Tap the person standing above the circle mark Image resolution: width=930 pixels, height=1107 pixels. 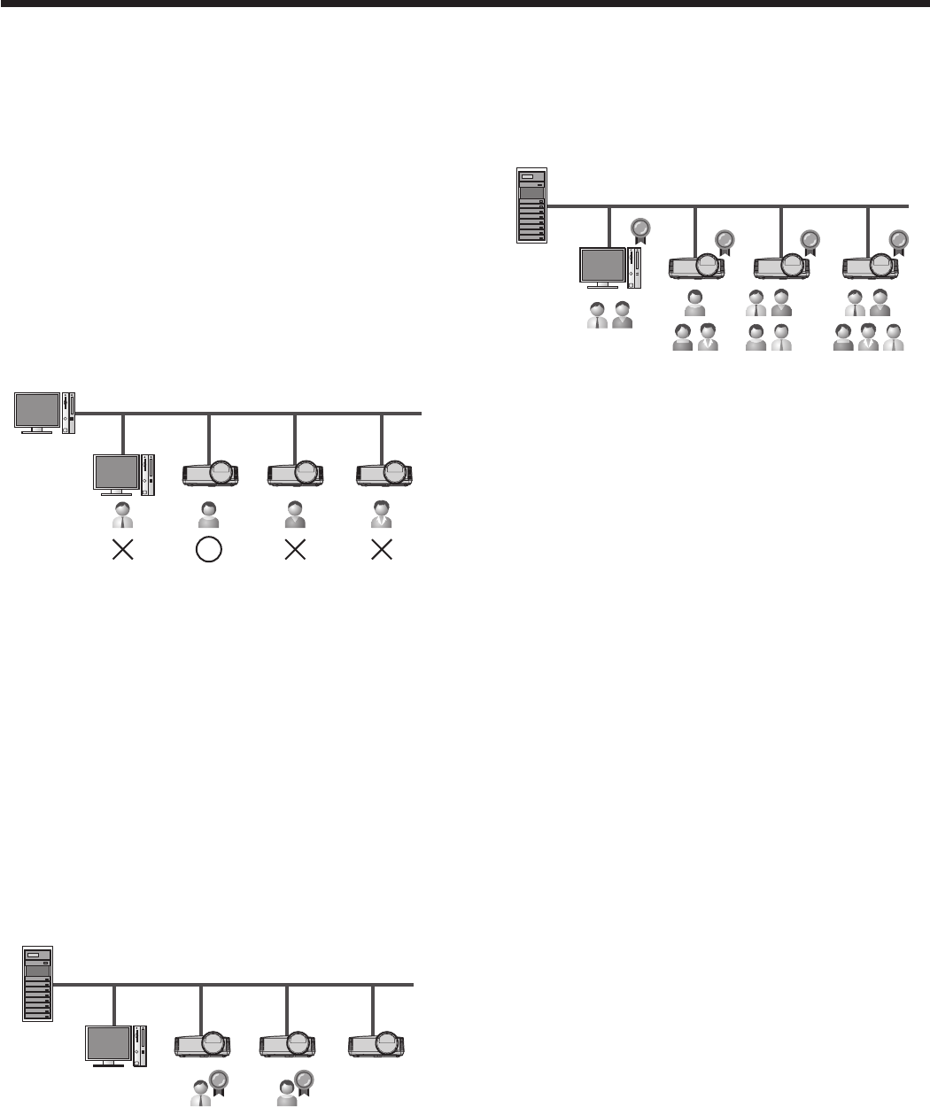pos(208,515)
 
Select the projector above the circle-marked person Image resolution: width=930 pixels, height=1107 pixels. pos(210,473)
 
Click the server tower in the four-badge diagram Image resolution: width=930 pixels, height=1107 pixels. pos(532,206)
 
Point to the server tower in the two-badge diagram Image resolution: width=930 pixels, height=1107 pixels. pos(37,984)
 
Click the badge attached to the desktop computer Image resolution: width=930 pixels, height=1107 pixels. pos(639,229)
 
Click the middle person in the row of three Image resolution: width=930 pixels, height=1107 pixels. pos(867,337)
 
